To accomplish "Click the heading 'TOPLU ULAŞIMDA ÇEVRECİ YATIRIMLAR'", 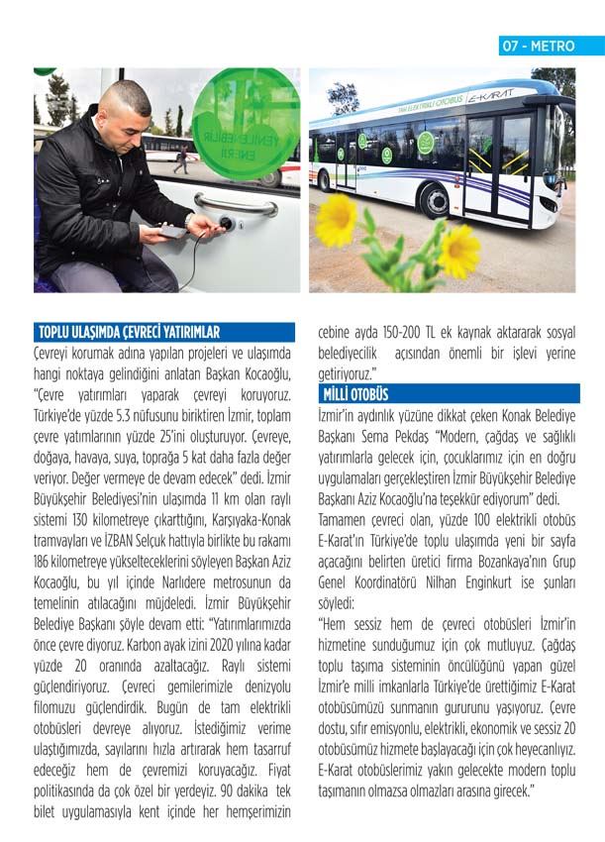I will tap(129, 333).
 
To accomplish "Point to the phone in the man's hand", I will tap(170, 231).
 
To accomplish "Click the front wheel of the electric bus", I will tap(436, 200).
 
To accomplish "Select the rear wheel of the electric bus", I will tap(323, 180).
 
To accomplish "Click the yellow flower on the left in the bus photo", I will tap(336, 219).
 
